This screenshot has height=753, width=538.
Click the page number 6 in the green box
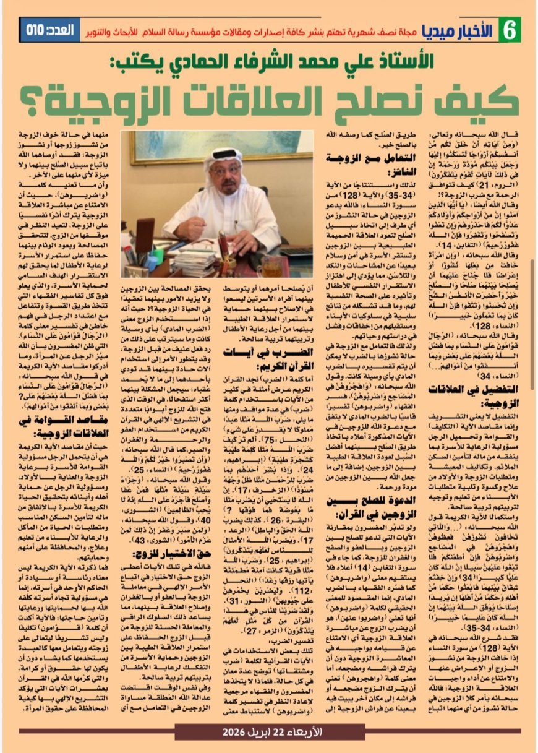tap(510, 29)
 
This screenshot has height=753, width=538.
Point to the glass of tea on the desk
tap(273, 269)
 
